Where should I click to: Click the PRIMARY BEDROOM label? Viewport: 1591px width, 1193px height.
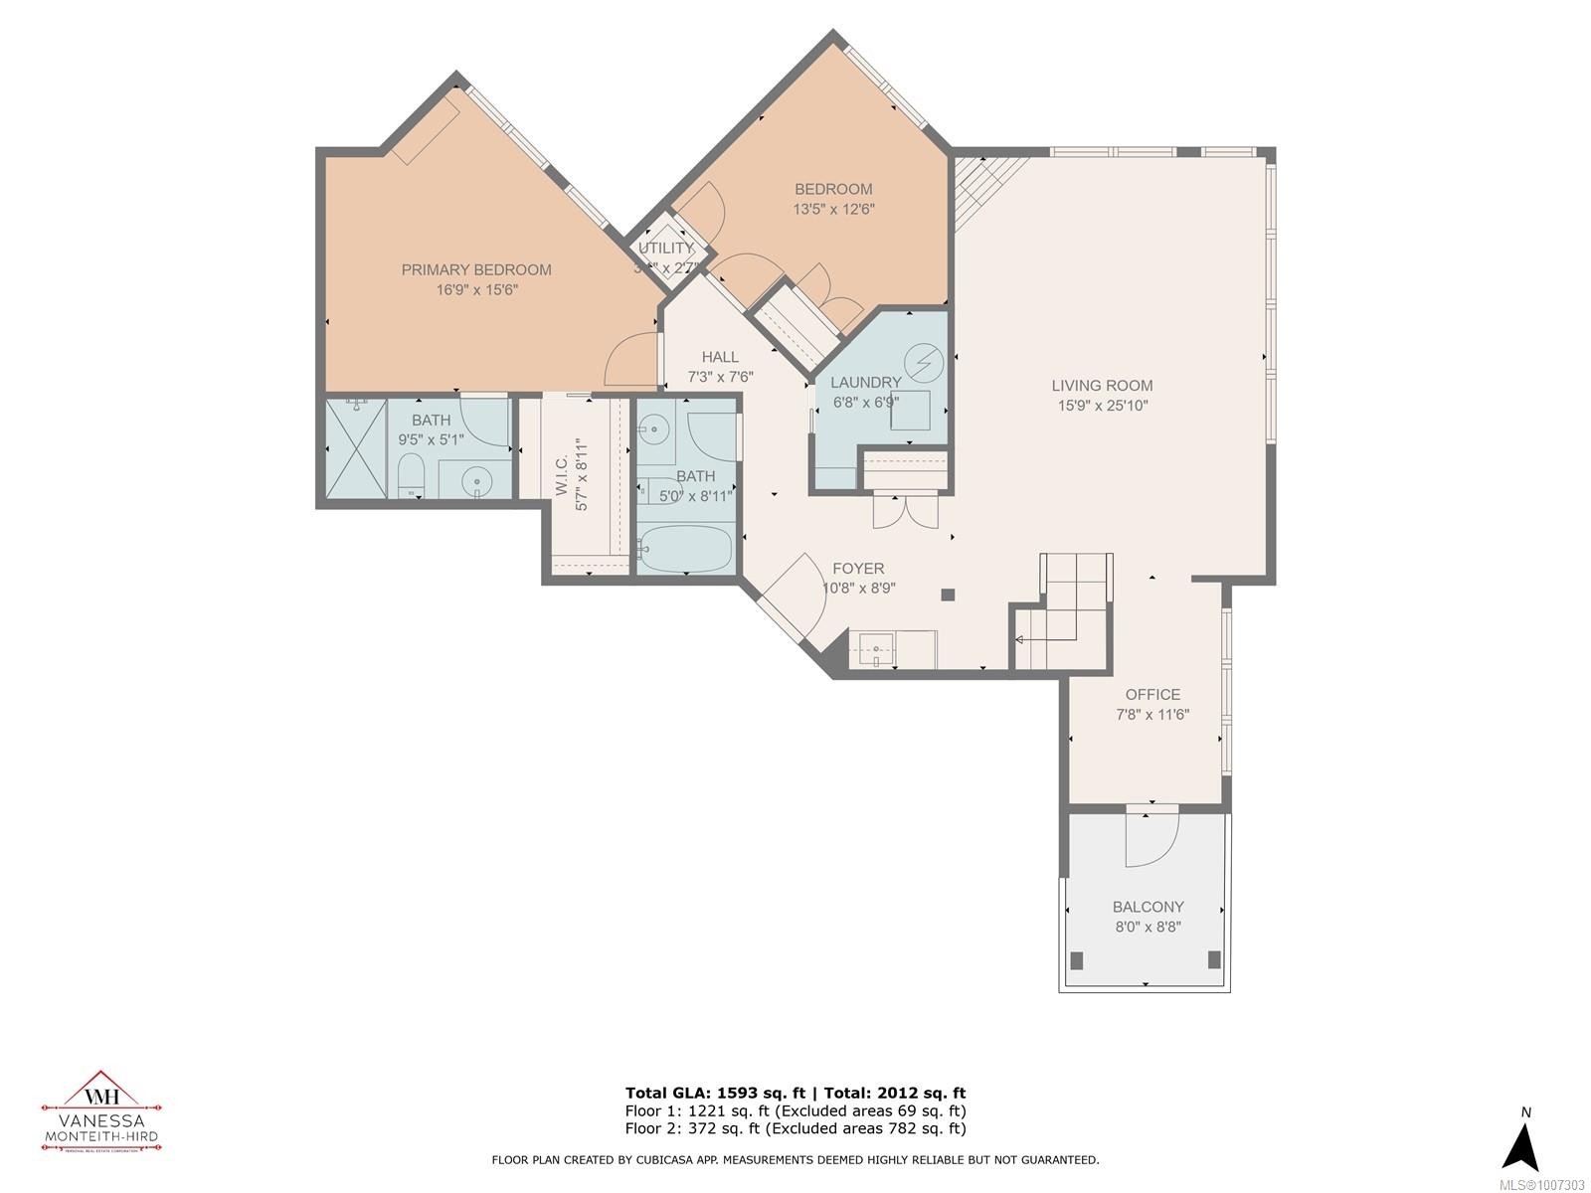click(x=475, y=269)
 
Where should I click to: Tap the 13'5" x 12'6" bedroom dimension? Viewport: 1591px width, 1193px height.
click(x=833, y=210)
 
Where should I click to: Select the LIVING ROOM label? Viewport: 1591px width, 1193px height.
click(x=1102, y=386)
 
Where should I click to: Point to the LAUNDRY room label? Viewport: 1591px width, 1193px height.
click(x=865, y=382)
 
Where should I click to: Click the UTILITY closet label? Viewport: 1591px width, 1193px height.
click(x=665, y=249)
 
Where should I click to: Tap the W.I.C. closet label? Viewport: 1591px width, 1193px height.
click(x=562, y=478)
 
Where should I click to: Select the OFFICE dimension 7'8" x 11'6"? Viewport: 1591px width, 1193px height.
click(x=1152, y=715)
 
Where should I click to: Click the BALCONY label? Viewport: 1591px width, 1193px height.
click(x=1148, y=907)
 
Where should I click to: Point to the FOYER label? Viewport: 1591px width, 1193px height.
click(x=858, y=569)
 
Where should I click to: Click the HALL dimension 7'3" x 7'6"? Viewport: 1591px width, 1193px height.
click(x=720, y=378)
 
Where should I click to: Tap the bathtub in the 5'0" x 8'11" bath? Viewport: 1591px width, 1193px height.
click(x=685, y=550)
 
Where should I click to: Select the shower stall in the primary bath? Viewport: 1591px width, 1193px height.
click(x=355, y=448)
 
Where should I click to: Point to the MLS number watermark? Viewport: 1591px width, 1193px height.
click(x=1547, y=1185)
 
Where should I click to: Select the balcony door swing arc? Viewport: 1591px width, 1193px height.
click(x=1150, y=841)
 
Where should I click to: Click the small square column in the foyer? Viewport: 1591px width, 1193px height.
click(x=948, y=595)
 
